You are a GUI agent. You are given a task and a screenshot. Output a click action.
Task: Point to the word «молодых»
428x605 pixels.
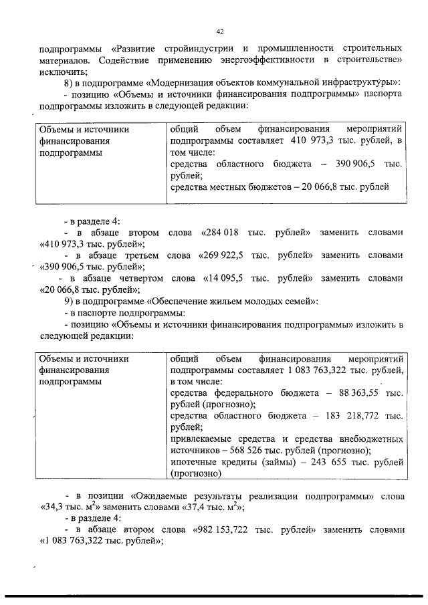249,301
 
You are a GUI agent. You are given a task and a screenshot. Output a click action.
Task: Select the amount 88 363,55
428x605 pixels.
357,393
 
